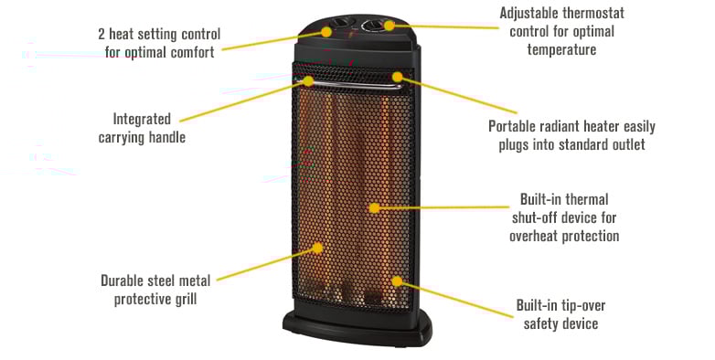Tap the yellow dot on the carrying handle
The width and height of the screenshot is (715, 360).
coord(309,81)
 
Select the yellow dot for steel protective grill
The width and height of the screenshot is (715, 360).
coord(318,247)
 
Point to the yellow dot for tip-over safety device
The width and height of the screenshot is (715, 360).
coord(396,281)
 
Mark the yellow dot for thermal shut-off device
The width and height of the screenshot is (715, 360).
coord(374,207)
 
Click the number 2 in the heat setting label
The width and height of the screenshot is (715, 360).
coord(102,34)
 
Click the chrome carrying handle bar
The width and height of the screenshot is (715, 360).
coord(352,85)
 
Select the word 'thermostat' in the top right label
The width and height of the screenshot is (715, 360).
coord(582,32)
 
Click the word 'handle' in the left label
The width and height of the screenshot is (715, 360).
coord(165,137)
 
